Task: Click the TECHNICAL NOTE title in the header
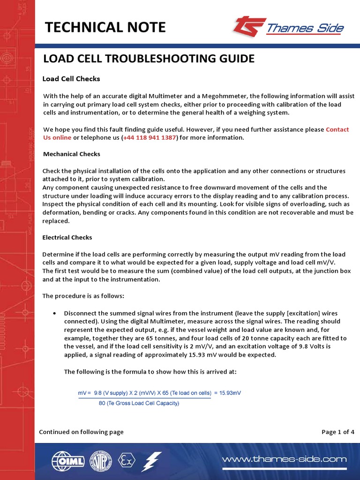coord(105,28)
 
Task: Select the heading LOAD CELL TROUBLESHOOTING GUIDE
coord(149,59)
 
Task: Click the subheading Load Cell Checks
coord(71,79)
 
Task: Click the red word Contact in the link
coord(337,129)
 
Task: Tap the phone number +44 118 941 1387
coord(150,138)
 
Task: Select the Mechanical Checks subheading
coord(71,154)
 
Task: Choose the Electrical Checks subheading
coord(67,238)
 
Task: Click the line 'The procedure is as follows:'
coord(83,296)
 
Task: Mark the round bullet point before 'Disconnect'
coord(55,313)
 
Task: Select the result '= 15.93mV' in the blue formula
coord(227,393)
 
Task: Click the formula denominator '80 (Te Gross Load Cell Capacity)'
coord(139,403)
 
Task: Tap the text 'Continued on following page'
coord(81,432)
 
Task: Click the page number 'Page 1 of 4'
coord(337,432)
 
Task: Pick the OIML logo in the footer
coord(65,461)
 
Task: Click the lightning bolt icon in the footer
coord(153,461)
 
